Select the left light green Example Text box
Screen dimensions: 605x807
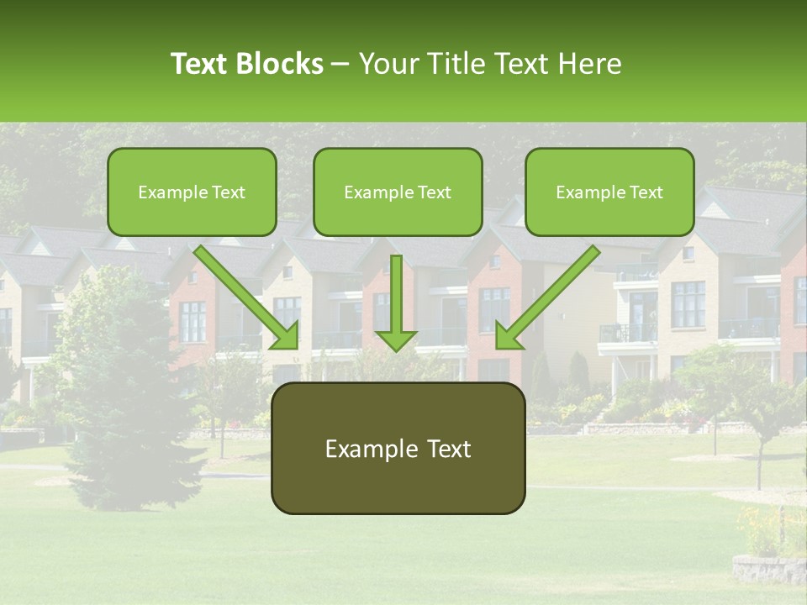click(192, 192)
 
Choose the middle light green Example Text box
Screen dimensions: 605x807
click(398, 192)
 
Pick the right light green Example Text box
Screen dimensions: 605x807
click(609, 192)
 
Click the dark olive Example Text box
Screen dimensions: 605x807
click(398, 448)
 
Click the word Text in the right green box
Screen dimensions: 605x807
click(646, 192)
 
